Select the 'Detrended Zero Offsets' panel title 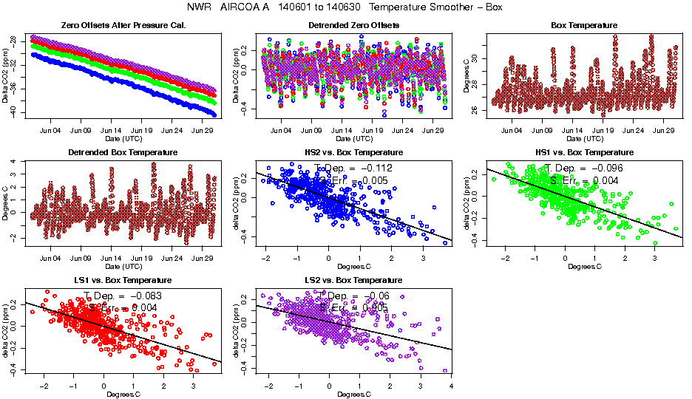tap(353, 25)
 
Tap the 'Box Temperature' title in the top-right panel tap(584, 25)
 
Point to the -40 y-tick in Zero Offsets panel tap(13, 112)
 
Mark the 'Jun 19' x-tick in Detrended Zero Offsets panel tap(373, 132)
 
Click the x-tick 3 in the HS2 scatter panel tap(423, 259)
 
